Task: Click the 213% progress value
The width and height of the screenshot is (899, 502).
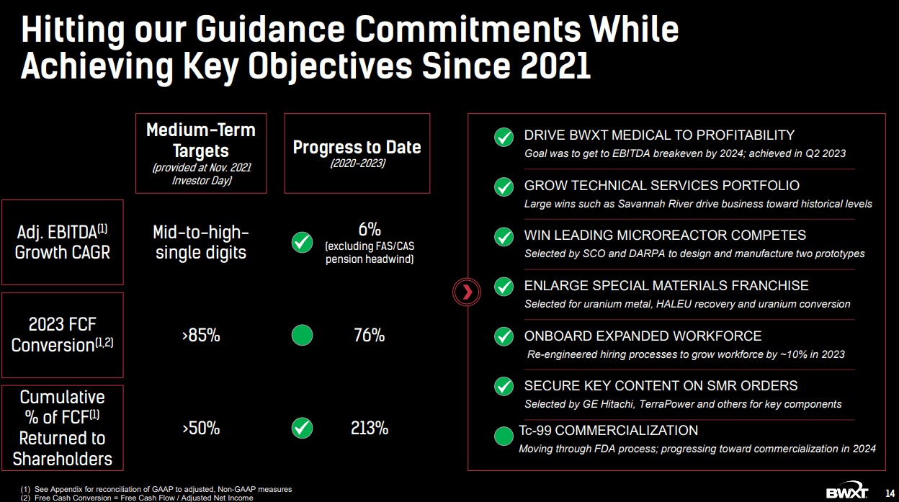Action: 370,428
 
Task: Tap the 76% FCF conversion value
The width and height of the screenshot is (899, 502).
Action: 370,335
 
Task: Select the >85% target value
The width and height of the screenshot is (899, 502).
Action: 201,335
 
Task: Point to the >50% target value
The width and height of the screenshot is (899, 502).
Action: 201,428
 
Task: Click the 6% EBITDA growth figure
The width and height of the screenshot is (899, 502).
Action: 370,230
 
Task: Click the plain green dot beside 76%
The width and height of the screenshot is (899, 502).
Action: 303,335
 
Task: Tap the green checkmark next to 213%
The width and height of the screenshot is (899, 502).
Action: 303,428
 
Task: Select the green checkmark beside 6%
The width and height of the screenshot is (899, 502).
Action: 303,243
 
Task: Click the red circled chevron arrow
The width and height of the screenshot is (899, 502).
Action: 466,292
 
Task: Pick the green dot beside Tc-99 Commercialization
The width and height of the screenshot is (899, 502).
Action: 504,436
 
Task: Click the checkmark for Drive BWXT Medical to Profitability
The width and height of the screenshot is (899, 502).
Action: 504,138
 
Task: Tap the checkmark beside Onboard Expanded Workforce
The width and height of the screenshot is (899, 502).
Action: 504,336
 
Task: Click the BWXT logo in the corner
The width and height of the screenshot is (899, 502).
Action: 847,490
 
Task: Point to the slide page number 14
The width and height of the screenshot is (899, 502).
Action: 890,493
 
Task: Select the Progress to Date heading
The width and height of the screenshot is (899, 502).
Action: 357,147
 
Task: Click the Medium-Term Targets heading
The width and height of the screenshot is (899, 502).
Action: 201,140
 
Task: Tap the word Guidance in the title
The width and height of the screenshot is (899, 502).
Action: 270,30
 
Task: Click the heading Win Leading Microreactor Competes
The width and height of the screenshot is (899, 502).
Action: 665,235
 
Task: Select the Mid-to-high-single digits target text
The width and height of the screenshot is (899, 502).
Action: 201,243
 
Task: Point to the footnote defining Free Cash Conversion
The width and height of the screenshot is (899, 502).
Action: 137,498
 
